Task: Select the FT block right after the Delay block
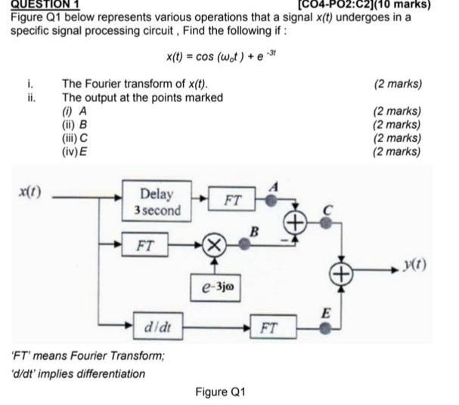(x=233, y=200)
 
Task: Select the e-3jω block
(x=216, y=286)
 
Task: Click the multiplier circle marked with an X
(x=216, y=246)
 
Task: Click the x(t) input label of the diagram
(x=30, y=194)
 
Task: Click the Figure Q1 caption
(x=221, y=392)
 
